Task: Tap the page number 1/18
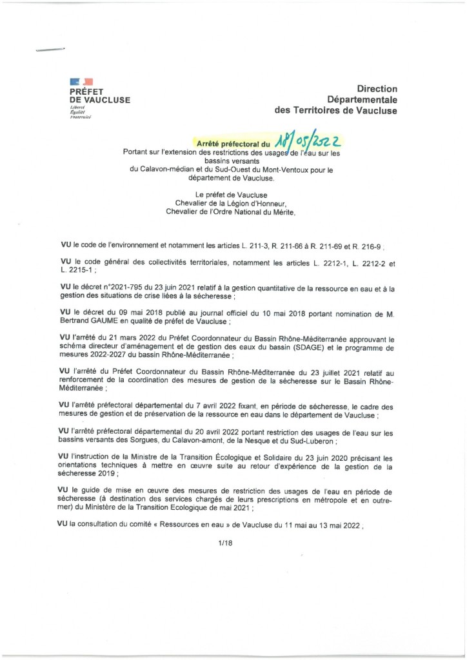coord(225,543)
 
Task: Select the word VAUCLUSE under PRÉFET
coord(107,100)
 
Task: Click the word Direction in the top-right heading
coord(377,88)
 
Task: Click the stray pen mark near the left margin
coord(51,50)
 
